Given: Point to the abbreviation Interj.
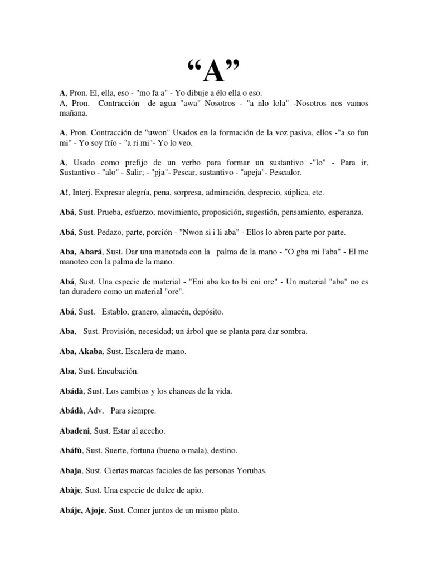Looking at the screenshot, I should (82, 193).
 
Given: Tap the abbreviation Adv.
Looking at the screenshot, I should (94, 411).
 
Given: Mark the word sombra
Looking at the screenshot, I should (294, 331).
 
